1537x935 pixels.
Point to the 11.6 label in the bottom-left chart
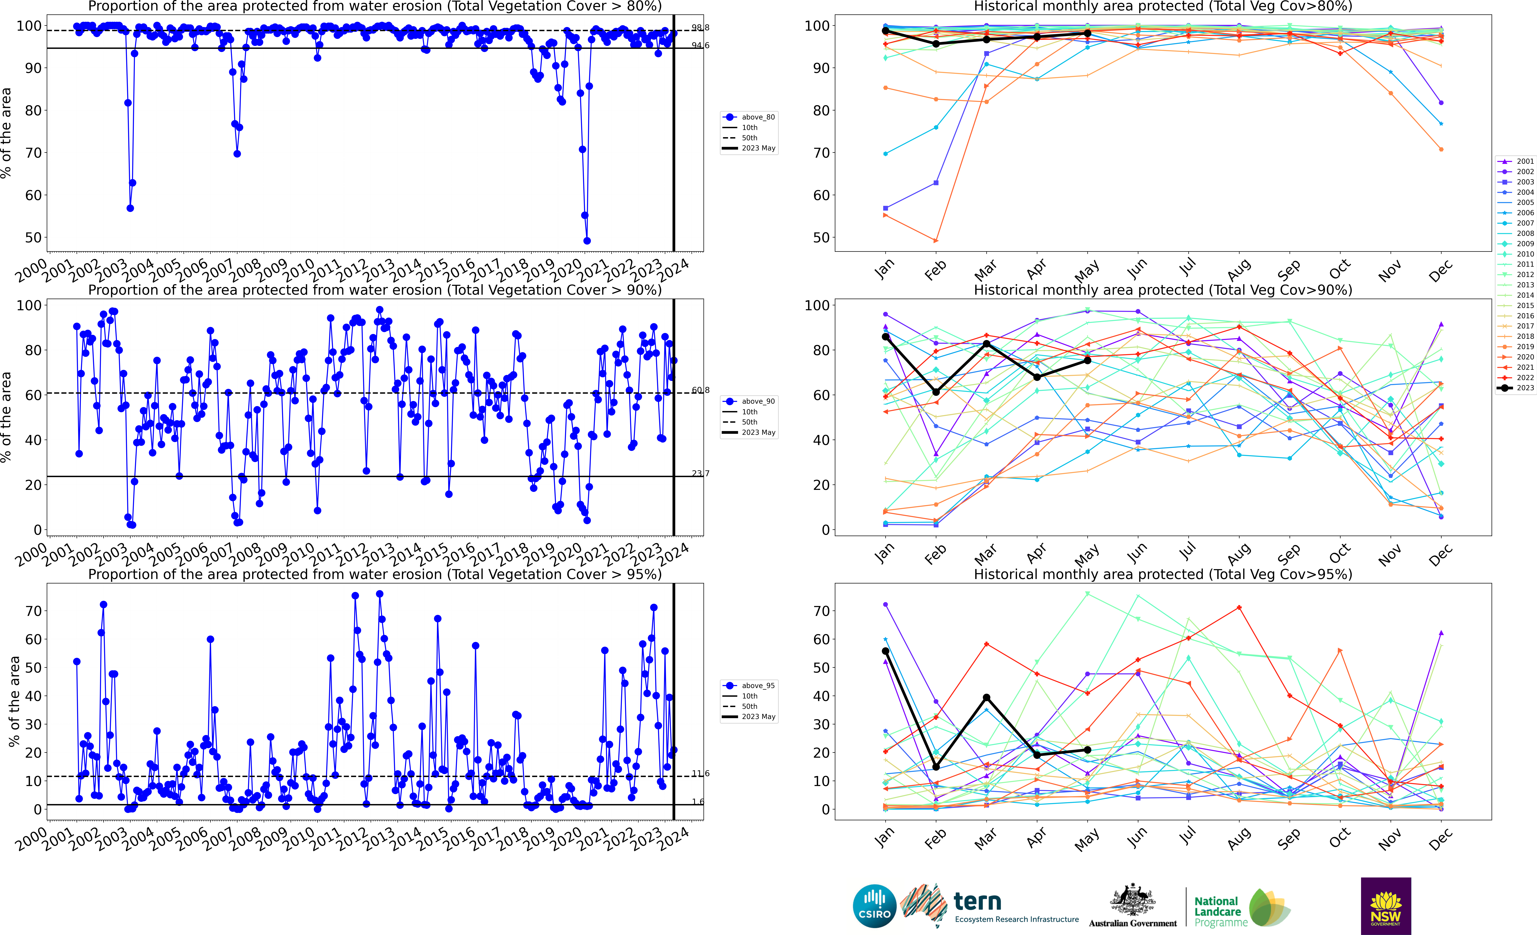click(700, 774)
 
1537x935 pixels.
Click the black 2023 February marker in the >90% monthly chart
click(936, 392)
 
